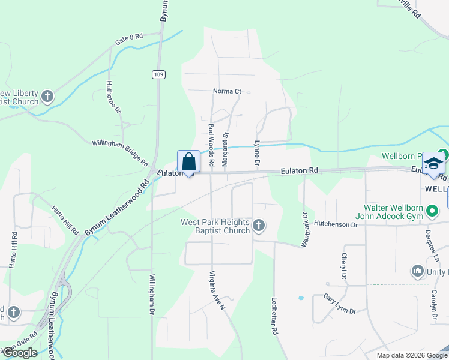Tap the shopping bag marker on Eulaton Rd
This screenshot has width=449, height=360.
point(188,162)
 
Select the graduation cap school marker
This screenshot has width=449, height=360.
point(433,164)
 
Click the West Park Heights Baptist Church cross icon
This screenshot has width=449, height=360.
point(259,226)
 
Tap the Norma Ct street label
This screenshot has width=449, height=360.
point(227,91)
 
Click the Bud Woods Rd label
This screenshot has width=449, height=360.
point(211,137)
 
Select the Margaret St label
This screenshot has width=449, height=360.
point(226,149)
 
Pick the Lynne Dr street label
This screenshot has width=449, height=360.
point(256,154)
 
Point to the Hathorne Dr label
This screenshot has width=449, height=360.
point(113,97)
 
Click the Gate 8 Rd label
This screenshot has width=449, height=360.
point(130,40)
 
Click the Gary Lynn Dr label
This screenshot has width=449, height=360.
point(340,304)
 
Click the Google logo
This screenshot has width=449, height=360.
point(20,353)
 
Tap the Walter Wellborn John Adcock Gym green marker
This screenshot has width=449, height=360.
point(433,212)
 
